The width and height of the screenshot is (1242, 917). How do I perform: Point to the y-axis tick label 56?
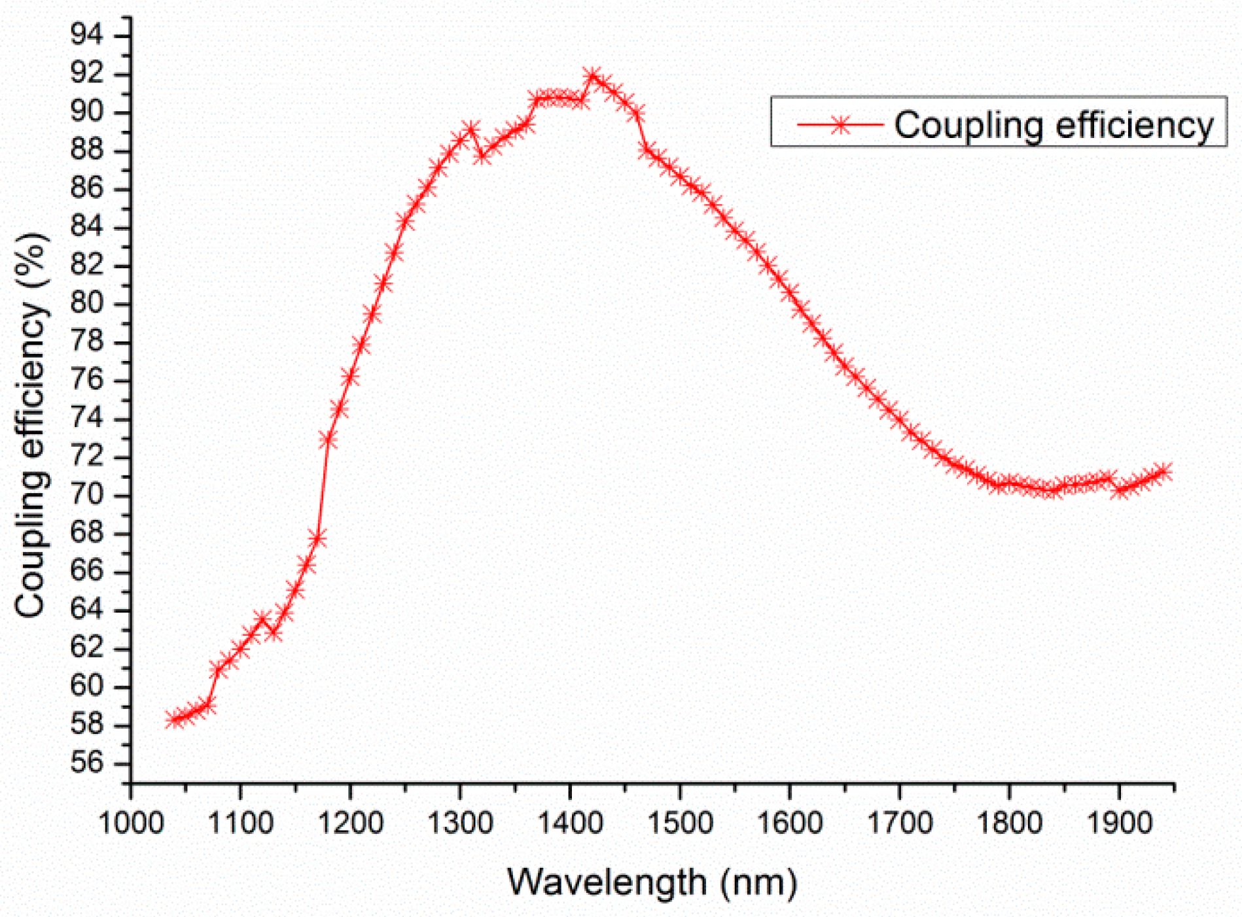(x=87, y=763)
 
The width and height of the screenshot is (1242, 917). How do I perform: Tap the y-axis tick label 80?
(x=87, y=303)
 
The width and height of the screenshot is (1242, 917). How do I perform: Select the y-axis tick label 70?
(x=87, y=494)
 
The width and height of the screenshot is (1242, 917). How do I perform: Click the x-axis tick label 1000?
(x=131, y=822)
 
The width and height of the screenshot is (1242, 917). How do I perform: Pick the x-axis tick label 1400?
(x=570, y=822)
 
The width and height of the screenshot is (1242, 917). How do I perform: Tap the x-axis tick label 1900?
(x=1119, y=822)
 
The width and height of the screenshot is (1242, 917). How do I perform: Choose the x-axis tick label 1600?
(x=790, y=822)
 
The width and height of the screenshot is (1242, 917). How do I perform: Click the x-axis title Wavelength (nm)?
(x=652, y=882)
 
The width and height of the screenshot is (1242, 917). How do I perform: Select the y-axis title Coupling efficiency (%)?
(x=31, y=425)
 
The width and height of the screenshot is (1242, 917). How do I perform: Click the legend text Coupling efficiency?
(x=1054, y=124)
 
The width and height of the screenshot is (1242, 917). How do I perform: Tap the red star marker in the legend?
(x=840, y=124)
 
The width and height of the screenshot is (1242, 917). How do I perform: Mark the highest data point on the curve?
(x=593, y=76)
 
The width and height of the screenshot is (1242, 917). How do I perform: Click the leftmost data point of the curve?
(x=175, y=719)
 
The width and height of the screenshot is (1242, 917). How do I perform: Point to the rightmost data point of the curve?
(x=1163, y=472)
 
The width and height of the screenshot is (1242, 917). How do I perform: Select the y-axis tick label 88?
(x=87, y=150)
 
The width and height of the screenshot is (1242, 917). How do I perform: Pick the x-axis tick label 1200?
(x=351, y=822)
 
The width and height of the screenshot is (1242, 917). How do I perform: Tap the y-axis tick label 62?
(x=87, y=648)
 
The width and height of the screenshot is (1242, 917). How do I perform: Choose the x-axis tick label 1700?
(x=900, y=822)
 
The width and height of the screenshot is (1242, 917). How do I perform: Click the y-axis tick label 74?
(x=87, y=418)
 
